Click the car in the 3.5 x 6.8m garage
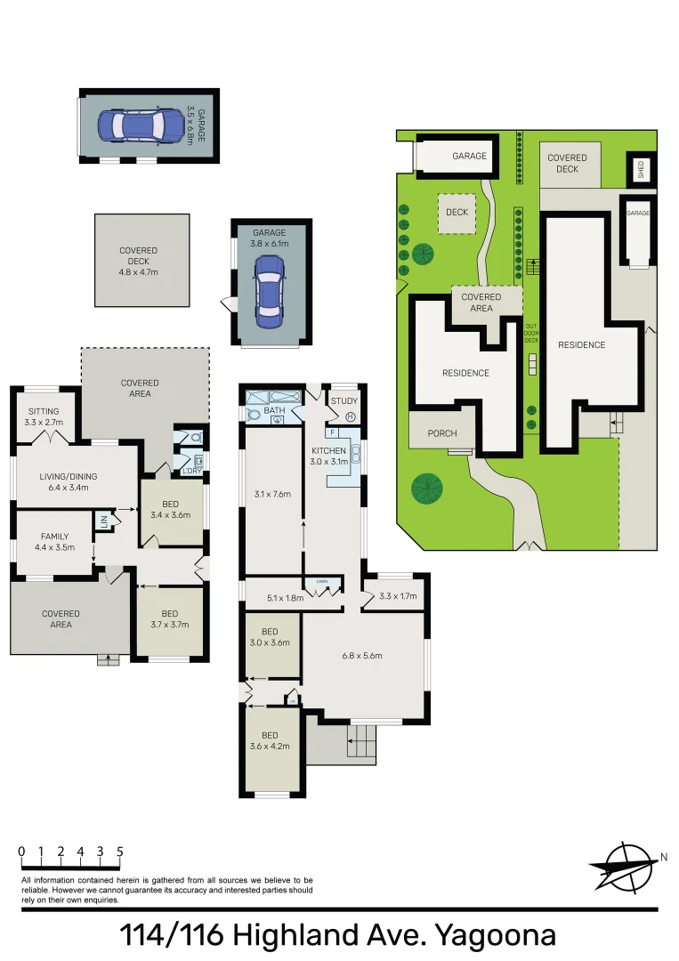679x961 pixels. tap(133, 125)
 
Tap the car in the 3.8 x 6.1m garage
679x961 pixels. tap(268, 289)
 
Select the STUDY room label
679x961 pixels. tap(344, 401)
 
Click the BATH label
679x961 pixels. tap(274, 411)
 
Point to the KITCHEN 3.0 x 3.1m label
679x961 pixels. tap(328, 456)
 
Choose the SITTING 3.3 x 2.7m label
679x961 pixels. tap(44, 416)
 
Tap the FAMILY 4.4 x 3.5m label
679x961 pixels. tap(54, 542)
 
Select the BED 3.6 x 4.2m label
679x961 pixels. tap(270, 740)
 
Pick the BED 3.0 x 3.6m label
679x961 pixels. tap(270, 637)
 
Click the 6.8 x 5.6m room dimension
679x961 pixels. tap(361, 657)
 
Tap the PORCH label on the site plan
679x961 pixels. tap(442, 433)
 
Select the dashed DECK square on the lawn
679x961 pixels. tap(457, 213)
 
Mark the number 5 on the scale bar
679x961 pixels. tap(119, 852)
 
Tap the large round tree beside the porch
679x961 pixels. tap(427, 488)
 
